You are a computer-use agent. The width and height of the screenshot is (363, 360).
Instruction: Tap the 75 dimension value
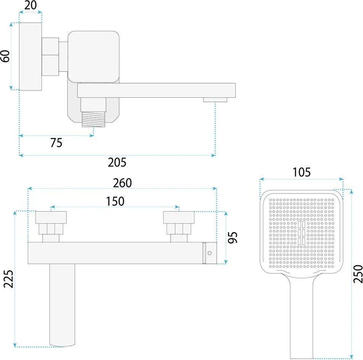(x=56, y=143)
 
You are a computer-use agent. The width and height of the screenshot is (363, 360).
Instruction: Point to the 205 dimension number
(x=117, y=163)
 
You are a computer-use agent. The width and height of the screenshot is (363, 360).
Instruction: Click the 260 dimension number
(x=122, y=183)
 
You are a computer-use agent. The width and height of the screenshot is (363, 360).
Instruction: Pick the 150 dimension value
(x=115, y=201)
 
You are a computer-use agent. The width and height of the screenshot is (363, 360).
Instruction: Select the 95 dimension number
(x=234, y=237)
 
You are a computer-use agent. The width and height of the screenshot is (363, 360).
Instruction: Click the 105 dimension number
(x=301, y=173)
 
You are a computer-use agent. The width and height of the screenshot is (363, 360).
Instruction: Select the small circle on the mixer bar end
(x=209, y=253)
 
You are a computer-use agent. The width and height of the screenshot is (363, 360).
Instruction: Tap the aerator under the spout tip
(x=215, y=100)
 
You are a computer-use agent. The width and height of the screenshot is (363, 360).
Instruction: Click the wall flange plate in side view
(x=30, y=57)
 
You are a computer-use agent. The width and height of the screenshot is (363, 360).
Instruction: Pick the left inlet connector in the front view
(x=51, y=227)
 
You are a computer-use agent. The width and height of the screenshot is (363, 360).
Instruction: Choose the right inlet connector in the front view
(x=179, y=227)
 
